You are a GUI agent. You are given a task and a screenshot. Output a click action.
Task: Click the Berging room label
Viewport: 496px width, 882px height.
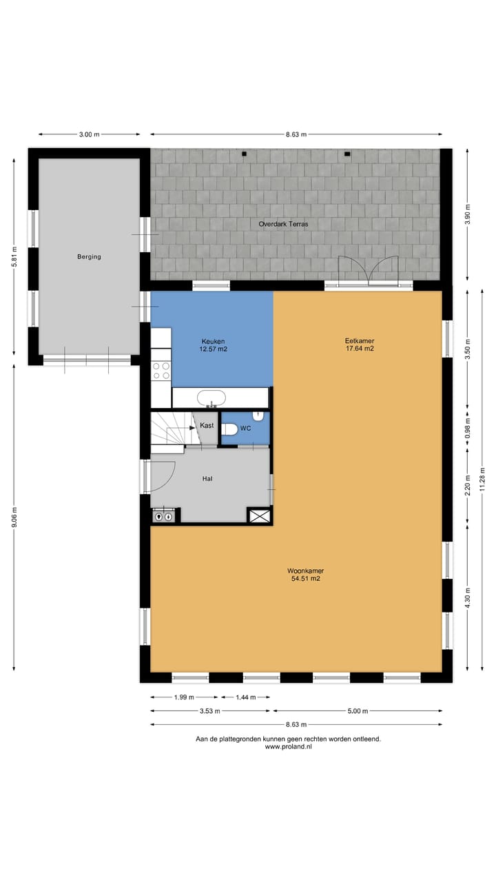(x=89, y=257)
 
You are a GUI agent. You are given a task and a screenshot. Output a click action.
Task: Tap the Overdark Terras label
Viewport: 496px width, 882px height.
(x=283, y=225)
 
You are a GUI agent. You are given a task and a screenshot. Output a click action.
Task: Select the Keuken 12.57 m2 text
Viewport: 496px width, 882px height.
(x=214, y=345)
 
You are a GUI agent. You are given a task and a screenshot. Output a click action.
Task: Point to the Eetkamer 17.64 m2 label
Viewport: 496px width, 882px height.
(x=360, y=344)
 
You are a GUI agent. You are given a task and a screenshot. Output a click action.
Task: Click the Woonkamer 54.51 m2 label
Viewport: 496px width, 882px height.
(x=305, y=575)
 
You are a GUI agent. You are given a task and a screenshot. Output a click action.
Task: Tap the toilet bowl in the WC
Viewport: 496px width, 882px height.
(x=230, y=429)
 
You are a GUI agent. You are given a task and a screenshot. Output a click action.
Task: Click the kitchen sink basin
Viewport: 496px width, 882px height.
(x=211, y=398)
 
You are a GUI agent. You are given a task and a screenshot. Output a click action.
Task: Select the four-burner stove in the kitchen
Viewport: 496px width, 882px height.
(x=161, y=371)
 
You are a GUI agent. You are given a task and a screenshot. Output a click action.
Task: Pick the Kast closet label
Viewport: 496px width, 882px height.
(x=207, y=426)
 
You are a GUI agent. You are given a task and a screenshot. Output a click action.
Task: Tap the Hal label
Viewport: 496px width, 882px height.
(x=207, y=478)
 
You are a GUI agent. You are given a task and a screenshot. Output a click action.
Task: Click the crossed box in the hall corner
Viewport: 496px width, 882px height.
(x=259, y=516)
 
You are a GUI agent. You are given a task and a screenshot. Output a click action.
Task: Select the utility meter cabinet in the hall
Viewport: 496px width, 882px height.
(x=164, y=515)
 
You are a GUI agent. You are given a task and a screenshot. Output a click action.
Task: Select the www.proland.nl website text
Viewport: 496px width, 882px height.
(x=288, y=747)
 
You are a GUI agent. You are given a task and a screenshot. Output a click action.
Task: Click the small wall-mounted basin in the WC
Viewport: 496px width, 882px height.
(x=258, y=416)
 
